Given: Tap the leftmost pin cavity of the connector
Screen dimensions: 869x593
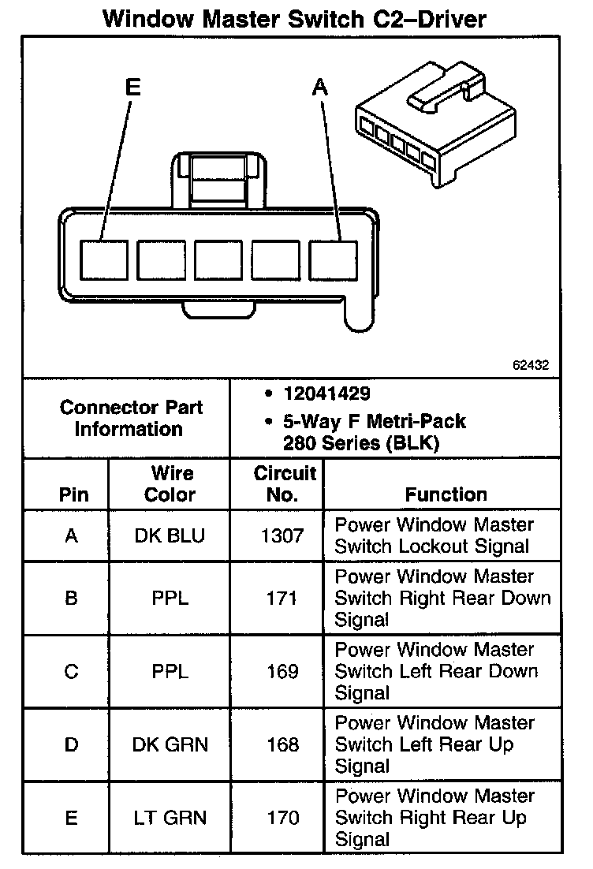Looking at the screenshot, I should click(x=104, y=258).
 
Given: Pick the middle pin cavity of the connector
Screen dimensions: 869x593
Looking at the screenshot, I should click(x=218, y=258).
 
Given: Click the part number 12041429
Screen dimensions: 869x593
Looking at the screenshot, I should click(x=326, y=393).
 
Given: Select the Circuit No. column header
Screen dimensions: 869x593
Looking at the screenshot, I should click(x=284, y=484).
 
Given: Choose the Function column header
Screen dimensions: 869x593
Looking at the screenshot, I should click(x=446, y=494).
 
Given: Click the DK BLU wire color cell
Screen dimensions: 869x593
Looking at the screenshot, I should click(x=170, y=536).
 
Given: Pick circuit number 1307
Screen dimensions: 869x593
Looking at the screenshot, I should click(x=282, y=536).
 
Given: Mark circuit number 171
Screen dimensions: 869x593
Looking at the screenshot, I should click(x=282, y=599).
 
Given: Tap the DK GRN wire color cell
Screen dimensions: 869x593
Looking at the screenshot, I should click(x=170, y=744).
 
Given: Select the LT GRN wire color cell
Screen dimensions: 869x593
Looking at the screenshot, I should click(x=170, y=819).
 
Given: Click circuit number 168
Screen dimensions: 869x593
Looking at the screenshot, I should click(x=282, y=744).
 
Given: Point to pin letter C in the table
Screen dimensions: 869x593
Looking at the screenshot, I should click(x=71, y=672).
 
